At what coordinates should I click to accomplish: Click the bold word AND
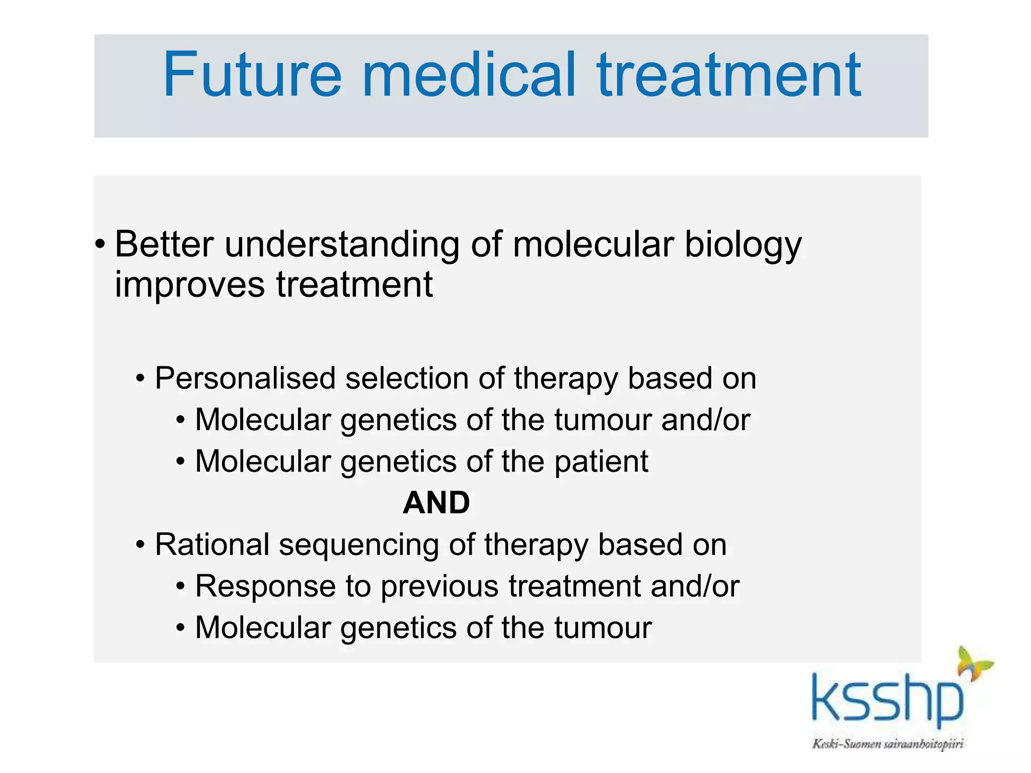436,503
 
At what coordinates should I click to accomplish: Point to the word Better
164,245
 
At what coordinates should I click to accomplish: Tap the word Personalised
245,378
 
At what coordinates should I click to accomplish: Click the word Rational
212,545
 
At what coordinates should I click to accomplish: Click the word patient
601,462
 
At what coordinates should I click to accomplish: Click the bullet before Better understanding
100,245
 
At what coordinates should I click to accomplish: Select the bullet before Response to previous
181,587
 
